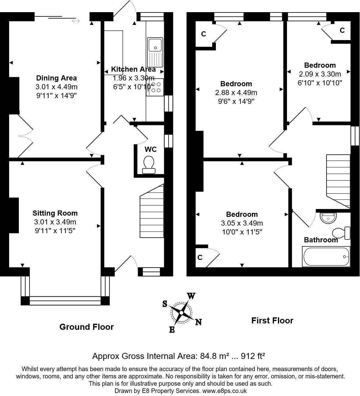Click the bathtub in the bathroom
[326, 257]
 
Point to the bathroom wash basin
[329, 218]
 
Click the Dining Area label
[57, 78]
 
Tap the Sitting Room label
[55, 213]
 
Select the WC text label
[151, 149]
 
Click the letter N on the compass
[198, 322]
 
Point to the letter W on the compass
[191, 296]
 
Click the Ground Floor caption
[86, 327]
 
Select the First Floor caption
[272, 320]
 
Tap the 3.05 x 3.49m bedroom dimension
[242, 223]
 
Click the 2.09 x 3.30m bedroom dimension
[320, 74]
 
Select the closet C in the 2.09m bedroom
[342, 30]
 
